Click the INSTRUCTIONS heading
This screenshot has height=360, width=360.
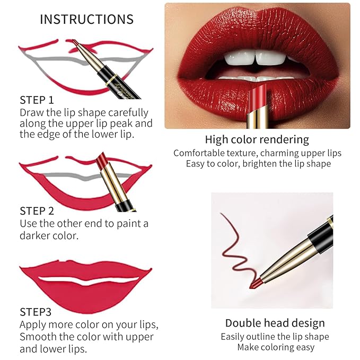pos(86,20)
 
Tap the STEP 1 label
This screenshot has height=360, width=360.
pos(37,100)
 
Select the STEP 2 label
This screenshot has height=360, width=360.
pos(37,211)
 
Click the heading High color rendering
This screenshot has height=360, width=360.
pos(257,140)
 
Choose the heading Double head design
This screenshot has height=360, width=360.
pos(275,323)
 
